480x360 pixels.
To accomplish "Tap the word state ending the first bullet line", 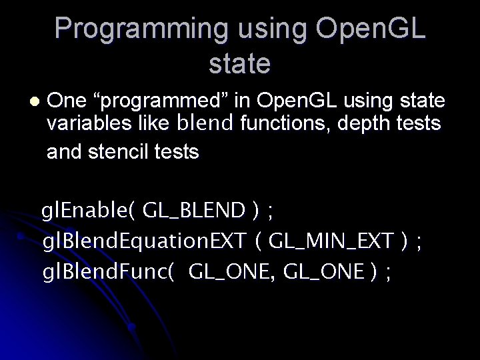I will (421, 101).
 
